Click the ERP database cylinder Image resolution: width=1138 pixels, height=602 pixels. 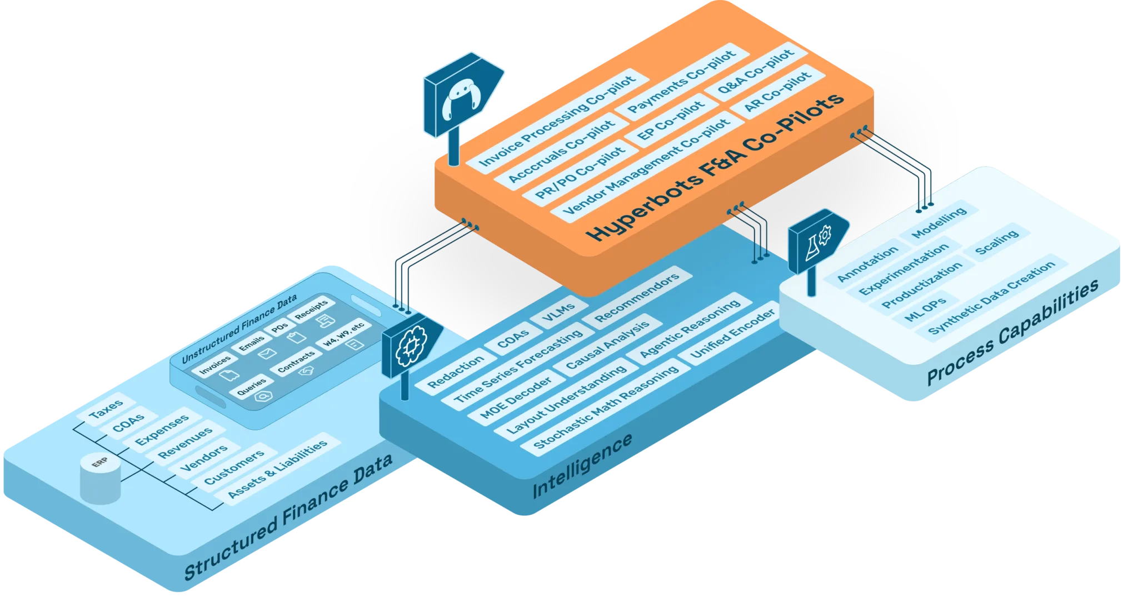coord(100,479)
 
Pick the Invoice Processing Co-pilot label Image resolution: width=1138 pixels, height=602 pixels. coord(557,121)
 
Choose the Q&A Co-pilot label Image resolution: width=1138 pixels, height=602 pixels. coord(756,72)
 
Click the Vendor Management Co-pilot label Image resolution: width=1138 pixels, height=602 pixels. coord(646,167)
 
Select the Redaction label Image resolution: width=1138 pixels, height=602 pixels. coord(456,372)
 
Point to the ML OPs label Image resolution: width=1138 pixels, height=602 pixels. coord(925,310)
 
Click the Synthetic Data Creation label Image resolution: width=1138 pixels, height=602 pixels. coord(992,297)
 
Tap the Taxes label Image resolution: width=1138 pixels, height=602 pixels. coord(106,409)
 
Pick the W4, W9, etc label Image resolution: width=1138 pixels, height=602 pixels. coord(343,333)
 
